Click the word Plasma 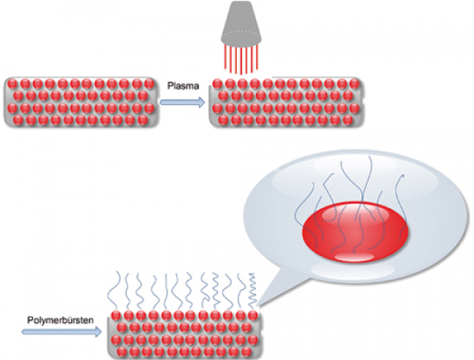(183, 81)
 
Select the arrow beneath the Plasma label (182, 100)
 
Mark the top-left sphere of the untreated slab (13, 84)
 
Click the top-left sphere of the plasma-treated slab (217, 84)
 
